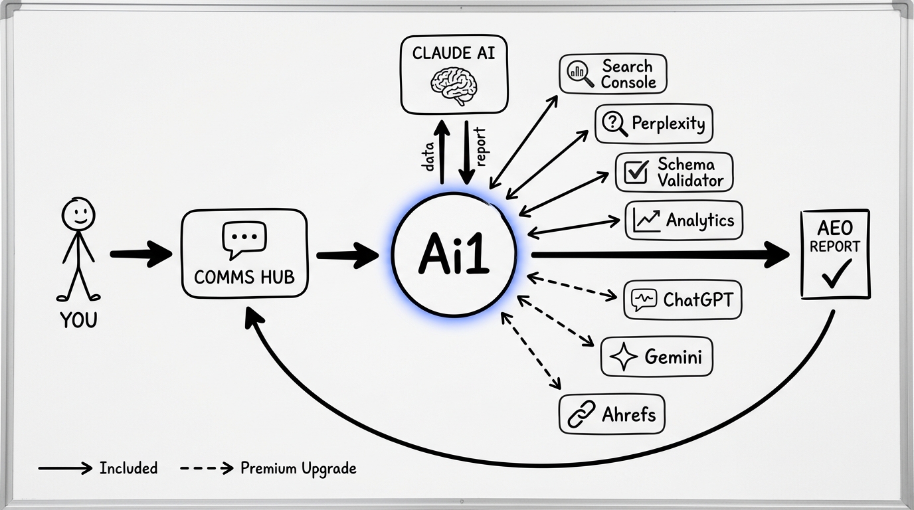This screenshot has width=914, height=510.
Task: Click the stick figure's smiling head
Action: [x=78, y=214]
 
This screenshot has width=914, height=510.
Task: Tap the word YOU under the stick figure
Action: [x=78, y=320]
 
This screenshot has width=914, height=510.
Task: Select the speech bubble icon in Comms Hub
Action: [x=244, y=239]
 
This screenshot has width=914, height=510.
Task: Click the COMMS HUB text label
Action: [x=244, y=277]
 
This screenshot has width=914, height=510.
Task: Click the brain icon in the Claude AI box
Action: [x=453, y=83]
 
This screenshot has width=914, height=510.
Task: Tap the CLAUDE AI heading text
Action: [x=454, y=53]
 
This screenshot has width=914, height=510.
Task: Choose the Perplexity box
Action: [x=654, y=124]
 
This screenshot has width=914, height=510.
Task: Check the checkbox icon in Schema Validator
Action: [x=637, y=172]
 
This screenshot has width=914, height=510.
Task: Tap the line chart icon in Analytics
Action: [x=646, y=220]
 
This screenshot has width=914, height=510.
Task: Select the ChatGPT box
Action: [x=682, y=300]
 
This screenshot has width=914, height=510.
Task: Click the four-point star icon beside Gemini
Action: [x=623, y=357]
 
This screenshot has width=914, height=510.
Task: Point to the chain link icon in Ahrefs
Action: [x=582, y=415]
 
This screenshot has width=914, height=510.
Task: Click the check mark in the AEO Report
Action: [x=836, y=274]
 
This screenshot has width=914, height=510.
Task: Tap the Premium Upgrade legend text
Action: [x=298, y=468]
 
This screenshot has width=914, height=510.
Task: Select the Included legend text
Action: [x=128, y=468]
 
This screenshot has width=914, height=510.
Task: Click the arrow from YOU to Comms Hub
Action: [x=140, y=254]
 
